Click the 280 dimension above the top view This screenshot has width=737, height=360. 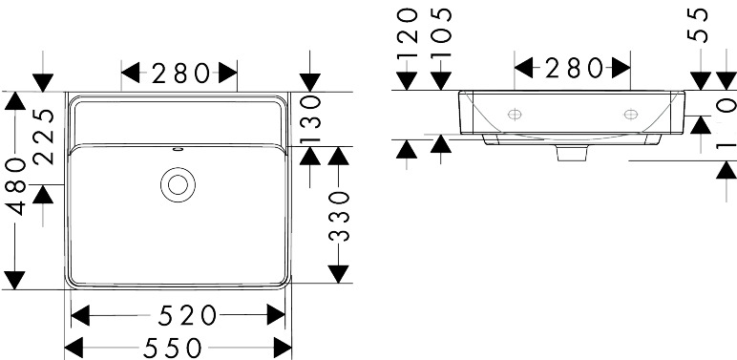click(x=180, y=73)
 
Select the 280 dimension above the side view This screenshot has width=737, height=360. click(x=574, y=68)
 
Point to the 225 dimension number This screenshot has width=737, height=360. click(x=45, y=137)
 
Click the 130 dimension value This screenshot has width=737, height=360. click(x=310, y=119)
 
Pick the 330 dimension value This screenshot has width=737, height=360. click(x=339, y=216)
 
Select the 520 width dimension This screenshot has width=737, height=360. click(x=186, y=315)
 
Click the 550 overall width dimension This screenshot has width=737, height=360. click(x=173, y=349)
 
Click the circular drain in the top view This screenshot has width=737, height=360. click(x=178, y=184)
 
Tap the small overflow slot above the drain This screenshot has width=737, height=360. click(x=178, y=150)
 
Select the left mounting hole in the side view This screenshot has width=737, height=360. click(x=516, y=115)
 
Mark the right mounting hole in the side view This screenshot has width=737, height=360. click(x=630, y=115)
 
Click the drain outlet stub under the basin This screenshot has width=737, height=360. click(x=572, y=153)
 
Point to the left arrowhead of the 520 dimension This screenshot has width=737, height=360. click(x=79, y=315)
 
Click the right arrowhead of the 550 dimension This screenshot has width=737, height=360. click(x=283, y=349)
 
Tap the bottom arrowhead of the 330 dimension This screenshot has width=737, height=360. click(x=338, y=274)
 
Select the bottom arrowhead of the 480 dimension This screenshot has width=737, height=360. click(x=14, y=281)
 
